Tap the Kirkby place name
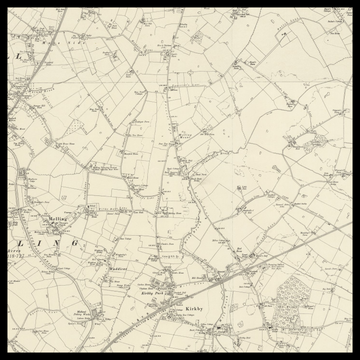click(193, 309)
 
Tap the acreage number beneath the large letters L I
click(17, 258)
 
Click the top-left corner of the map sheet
click(10, 10)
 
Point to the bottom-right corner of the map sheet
click(350, 350)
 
